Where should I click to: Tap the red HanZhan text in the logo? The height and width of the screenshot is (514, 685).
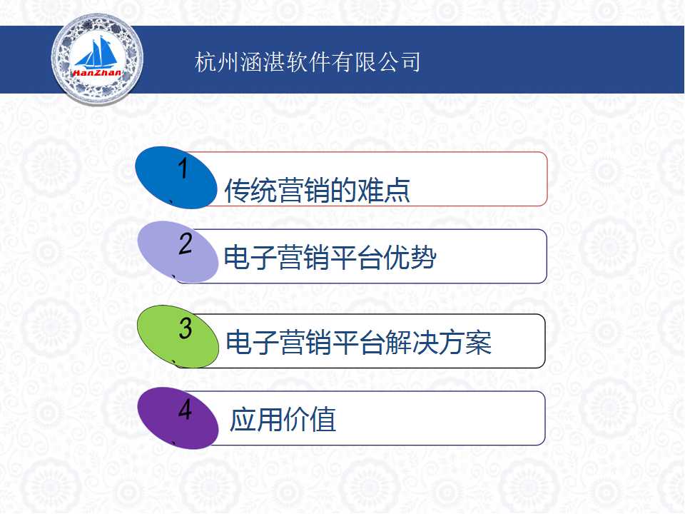click(97, 73)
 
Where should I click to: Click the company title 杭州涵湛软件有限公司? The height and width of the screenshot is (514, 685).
click(308, 61)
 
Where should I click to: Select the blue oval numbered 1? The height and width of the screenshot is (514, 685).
click(176, 178)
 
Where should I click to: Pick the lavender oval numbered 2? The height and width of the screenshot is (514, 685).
click(178, 252)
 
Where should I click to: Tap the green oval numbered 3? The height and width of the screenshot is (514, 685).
click(178, 336)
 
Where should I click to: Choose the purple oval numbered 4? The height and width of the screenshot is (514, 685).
click(178, 418)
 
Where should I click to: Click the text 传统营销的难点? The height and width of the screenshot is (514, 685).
click(317, 191)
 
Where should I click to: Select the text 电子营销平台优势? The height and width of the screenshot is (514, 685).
click(330, 258)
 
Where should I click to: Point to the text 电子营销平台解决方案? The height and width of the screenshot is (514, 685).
click(359, 342)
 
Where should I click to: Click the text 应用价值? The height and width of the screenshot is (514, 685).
click(283, 420)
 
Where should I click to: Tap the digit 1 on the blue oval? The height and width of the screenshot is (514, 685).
click(183, 168)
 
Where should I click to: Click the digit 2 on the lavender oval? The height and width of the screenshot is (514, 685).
click(186, 243)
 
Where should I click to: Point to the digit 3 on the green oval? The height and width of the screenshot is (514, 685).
click(186, 328)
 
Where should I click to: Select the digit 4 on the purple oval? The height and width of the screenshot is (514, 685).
click(186, 410)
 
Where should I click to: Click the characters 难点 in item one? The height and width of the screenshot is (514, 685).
click(384, 191)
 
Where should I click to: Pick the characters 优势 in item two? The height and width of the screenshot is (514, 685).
click(410, 258)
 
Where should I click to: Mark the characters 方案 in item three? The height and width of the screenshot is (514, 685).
click(465, 342)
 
